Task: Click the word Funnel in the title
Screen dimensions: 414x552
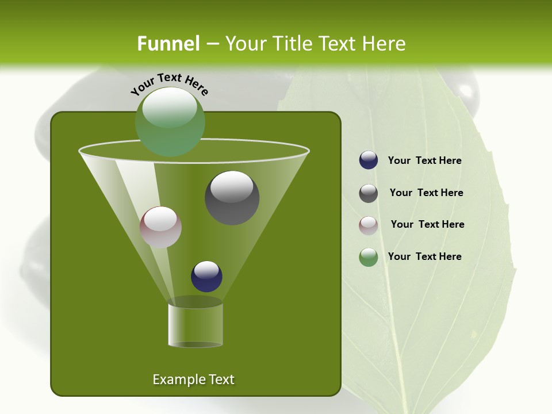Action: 168,44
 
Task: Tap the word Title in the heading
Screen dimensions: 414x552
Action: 292,44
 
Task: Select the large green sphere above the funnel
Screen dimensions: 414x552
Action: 170,122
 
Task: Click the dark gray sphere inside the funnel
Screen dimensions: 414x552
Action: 232,198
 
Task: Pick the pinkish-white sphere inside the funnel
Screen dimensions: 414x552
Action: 160,227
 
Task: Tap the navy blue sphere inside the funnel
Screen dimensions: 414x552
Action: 206,276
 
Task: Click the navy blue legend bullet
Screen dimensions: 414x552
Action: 369,160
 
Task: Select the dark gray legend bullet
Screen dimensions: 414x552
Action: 369,193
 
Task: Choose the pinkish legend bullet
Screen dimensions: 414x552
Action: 369,225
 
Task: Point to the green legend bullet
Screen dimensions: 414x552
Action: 369,257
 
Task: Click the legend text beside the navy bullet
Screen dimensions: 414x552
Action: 424,161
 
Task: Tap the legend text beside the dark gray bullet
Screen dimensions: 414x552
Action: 426,193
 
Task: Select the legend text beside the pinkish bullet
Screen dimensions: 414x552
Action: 427,225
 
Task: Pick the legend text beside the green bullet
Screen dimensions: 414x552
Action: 424,256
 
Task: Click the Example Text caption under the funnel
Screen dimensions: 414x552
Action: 194,379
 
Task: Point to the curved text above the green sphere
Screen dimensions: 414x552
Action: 169,84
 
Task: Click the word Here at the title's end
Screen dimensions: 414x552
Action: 384,44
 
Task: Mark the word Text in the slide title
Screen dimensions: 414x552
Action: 340,44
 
